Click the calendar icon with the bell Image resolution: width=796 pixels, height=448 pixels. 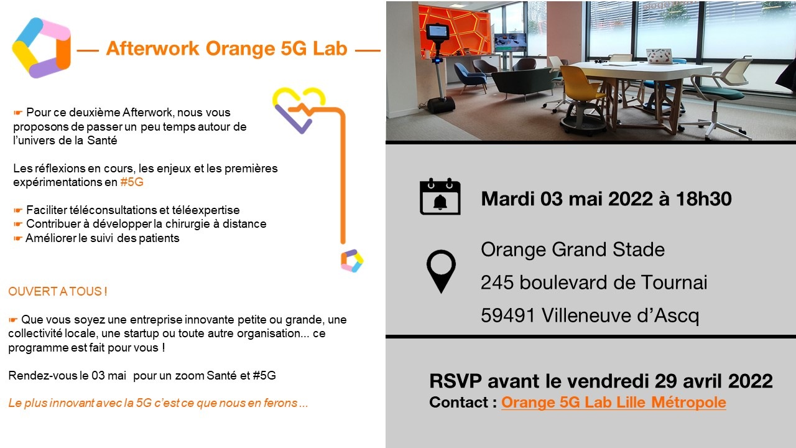click(x=440, y=196)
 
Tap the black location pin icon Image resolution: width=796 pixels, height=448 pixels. click(x=441, y=271)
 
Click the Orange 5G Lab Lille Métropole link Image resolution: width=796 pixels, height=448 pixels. click(x=613, y=403)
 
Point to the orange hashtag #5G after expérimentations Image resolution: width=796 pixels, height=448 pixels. click(x=132, y=182)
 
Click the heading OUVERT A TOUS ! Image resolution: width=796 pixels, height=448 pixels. click(x=58, y=292)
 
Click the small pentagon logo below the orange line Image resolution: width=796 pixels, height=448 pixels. click(x=352, y=261)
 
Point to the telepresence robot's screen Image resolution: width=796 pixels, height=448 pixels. click(x=437, y=32)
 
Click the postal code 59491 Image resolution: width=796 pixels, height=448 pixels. click(x=508, y=315)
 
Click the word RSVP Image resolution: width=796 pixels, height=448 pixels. click(x=456, y=381)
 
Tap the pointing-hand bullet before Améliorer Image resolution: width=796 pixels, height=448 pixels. click(x=18, y=238)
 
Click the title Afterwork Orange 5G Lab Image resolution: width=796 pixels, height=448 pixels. click(x=227, y=49)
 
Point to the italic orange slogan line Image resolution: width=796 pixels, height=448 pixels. click(x=158, y=403)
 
